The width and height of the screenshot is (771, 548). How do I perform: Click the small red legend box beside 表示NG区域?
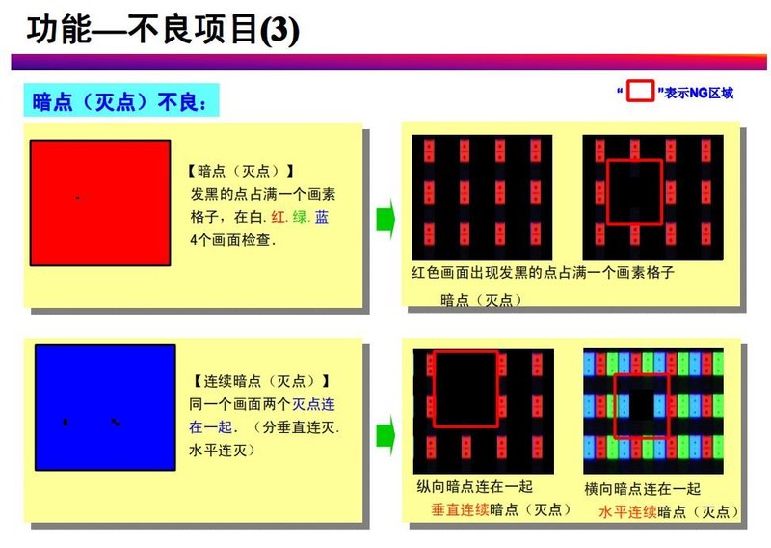pos(641,93)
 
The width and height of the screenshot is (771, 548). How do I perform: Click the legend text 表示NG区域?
pos(699,94)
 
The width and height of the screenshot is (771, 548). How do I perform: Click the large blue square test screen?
pos(105,406)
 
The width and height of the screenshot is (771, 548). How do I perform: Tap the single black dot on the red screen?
pos(77,198)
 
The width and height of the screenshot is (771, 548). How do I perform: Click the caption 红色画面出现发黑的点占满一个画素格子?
pos(542,273)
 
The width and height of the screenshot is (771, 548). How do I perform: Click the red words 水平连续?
pos(627,512)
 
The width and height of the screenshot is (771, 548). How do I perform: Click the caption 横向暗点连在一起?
pos(643,490)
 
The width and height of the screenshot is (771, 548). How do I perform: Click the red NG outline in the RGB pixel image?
pos(616,405)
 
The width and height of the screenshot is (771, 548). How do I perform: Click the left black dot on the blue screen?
pos(66,423)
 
